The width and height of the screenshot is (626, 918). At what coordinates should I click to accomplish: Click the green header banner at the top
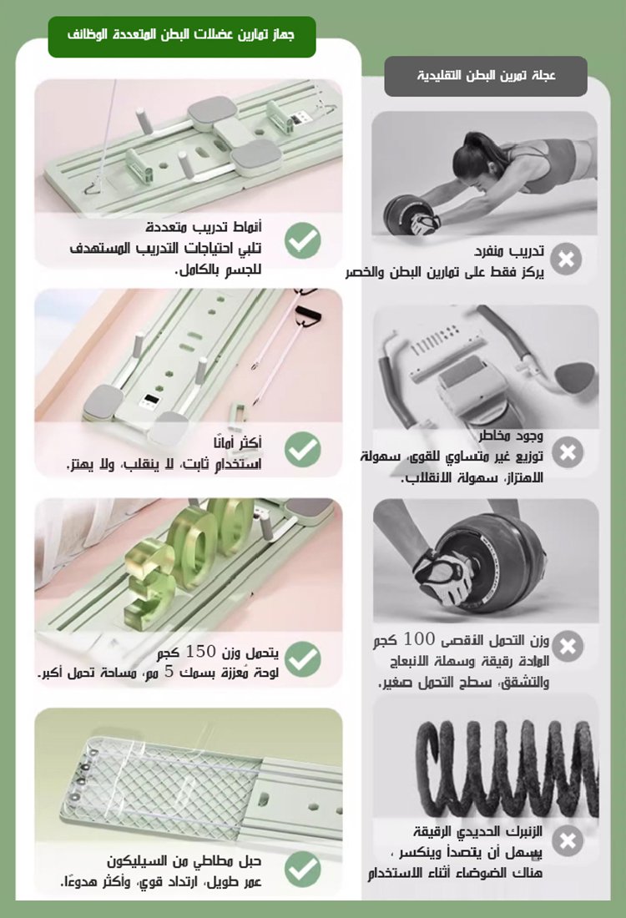(182, 37)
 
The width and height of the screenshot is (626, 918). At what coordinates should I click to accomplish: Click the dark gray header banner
(486, 76)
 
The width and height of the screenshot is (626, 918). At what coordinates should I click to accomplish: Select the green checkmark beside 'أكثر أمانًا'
(303, 450)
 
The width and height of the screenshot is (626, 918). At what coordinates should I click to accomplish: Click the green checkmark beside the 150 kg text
(303, 658)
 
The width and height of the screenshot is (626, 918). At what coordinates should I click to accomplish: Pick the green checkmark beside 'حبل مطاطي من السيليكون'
(303, 869)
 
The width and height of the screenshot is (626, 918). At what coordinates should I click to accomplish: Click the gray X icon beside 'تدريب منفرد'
(568, 259)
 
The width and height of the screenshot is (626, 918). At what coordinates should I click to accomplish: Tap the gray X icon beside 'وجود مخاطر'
(568, 452)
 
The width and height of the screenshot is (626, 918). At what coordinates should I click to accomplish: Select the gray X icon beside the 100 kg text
(568, 646)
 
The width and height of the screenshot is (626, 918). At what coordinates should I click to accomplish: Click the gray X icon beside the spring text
(568, 840)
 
